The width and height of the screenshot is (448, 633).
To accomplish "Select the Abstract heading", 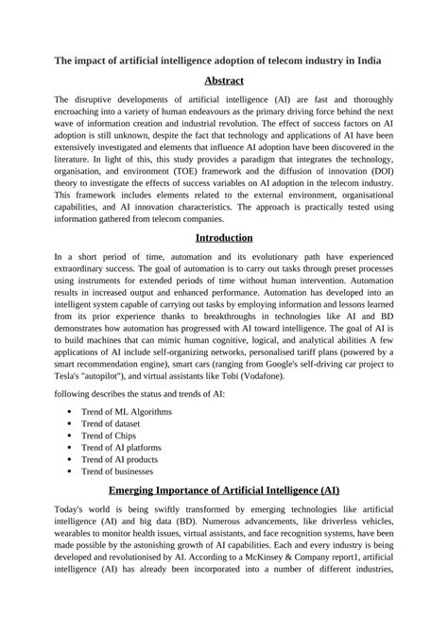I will (223, 81).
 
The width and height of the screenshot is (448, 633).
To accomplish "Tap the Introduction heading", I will (223, 236).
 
